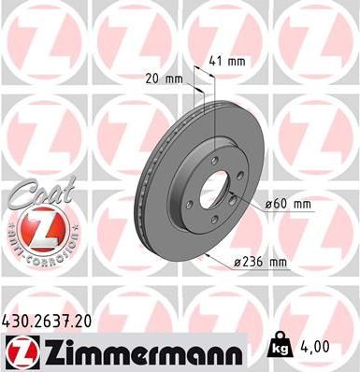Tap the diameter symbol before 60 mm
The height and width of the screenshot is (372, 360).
(267, 202)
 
